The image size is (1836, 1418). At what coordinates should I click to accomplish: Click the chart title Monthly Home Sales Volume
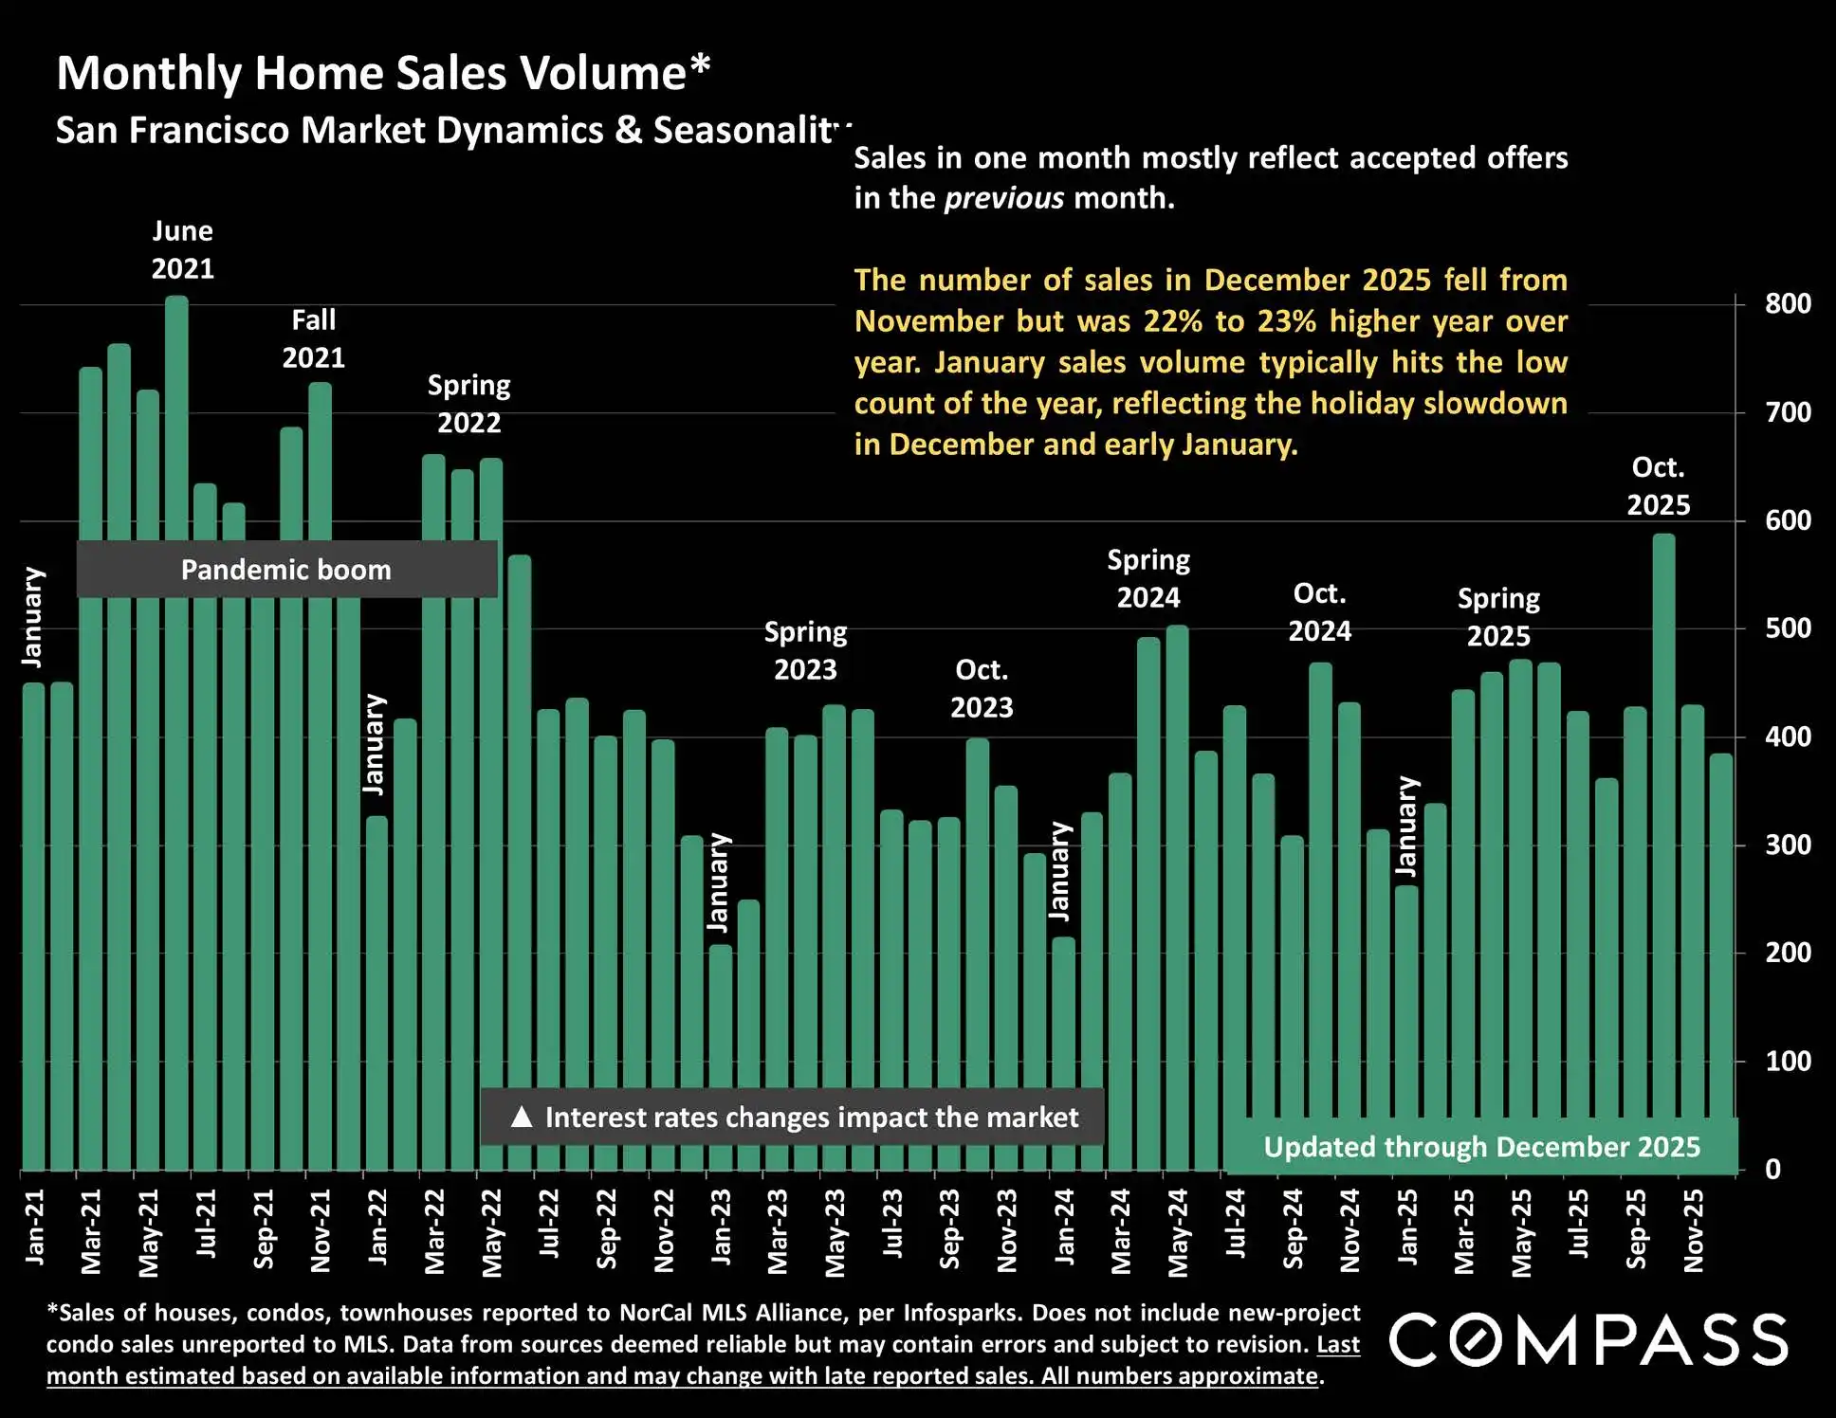point(383,73)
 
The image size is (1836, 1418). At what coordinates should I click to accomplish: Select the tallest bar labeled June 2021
point(176,664)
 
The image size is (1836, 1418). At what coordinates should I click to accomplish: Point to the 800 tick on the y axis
point(1788,304)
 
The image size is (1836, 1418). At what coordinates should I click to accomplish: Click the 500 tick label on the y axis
point(1788,628)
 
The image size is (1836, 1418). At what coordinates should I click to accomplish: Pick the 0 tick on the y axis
point(1772,1170)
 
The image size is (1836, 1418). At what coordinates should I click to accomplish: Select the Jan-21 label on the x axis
point(34,1227)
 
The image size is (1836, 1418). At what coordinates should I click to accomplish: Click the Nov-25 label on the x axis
point(1694,1230)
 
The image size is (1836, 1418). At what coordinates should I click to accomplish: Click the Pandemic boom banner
point(286,570)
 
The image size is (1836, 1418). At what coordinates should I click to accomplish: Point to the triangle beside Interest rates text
point(521,1117)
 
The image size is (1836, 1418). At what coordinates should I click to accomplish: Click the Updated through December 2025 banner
point(1481,1147)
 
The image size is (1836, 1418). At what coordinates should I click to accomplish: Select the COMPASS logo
point(1588,1340)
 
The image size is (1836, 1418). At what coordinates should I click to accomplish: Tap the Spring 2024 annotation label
point(1148,579)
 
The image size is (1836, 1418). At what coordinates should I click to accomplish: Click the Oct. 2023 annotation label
point(982,689)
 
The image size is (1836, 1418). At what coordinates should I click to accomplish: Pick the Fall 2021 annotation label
point(314,338)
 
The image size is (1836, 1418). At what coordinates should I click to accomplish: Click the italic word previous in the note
point(1004,198)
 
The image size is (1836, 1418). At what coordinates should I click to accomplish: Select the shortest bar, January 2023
point(721,1057)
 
